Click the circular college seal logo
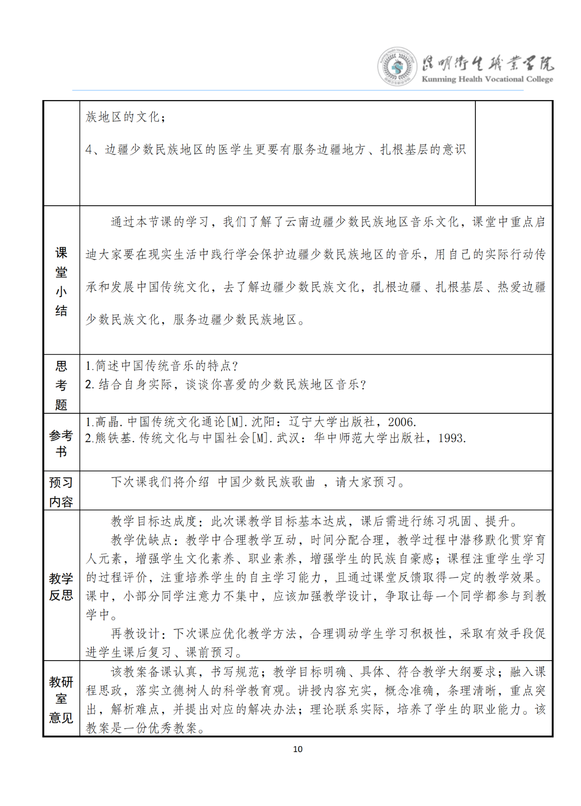(x=397, y=67)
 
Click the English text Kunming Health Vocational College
(x=487, y=79)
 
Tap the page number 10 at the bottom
(x=298, y=749)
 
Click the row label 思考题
(x=61, y=385)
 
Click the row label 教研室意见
(x=61, y=699)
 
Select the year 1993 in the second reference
(x=451, y=438)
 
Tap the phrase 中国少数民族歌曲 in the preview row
(x=267, y=482)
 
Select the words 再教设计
(x=135, y=634)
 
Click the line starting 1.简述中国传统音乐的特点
(x=162, y=366)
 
